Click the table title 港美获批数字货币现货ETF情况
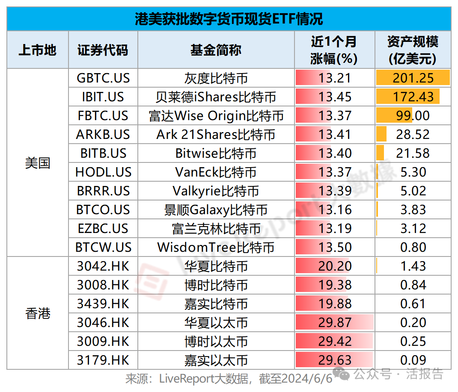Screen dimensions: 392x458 229,19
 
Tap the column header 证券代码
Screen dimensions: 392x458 103,50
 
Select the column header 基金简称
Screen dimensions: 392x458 216,50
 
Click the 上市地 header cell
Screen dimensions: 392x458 38,50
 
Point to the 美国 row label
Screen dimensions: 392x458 38,163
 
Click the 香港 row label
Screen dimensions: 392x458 38,313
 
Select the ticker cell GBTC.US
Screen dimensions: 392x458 103,78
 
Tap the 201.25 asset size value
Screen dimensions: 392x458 413,78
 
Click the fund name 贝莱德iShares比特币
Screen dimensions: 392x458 216,97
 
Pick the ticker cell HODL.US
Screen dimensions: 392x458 103,172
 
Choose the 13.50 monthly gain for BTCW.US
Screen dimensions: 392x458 335,248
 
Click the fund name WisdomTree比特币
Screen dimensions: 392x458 216,248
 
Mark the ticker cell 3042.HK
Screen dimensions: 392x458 103,266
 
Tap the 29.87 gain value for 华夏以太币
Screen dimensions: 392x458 335,323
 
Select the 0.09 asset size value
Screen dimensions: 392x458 413,360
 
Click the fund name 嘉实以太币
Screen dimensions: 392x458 216,360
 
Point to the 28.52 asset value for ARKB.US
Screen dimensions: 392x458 413,135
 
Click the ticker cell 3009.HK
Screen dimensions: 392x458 103,342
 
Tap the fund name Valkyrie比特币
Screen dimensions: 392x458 216,191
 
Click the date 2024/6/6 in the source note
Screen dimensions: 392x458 307,379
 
